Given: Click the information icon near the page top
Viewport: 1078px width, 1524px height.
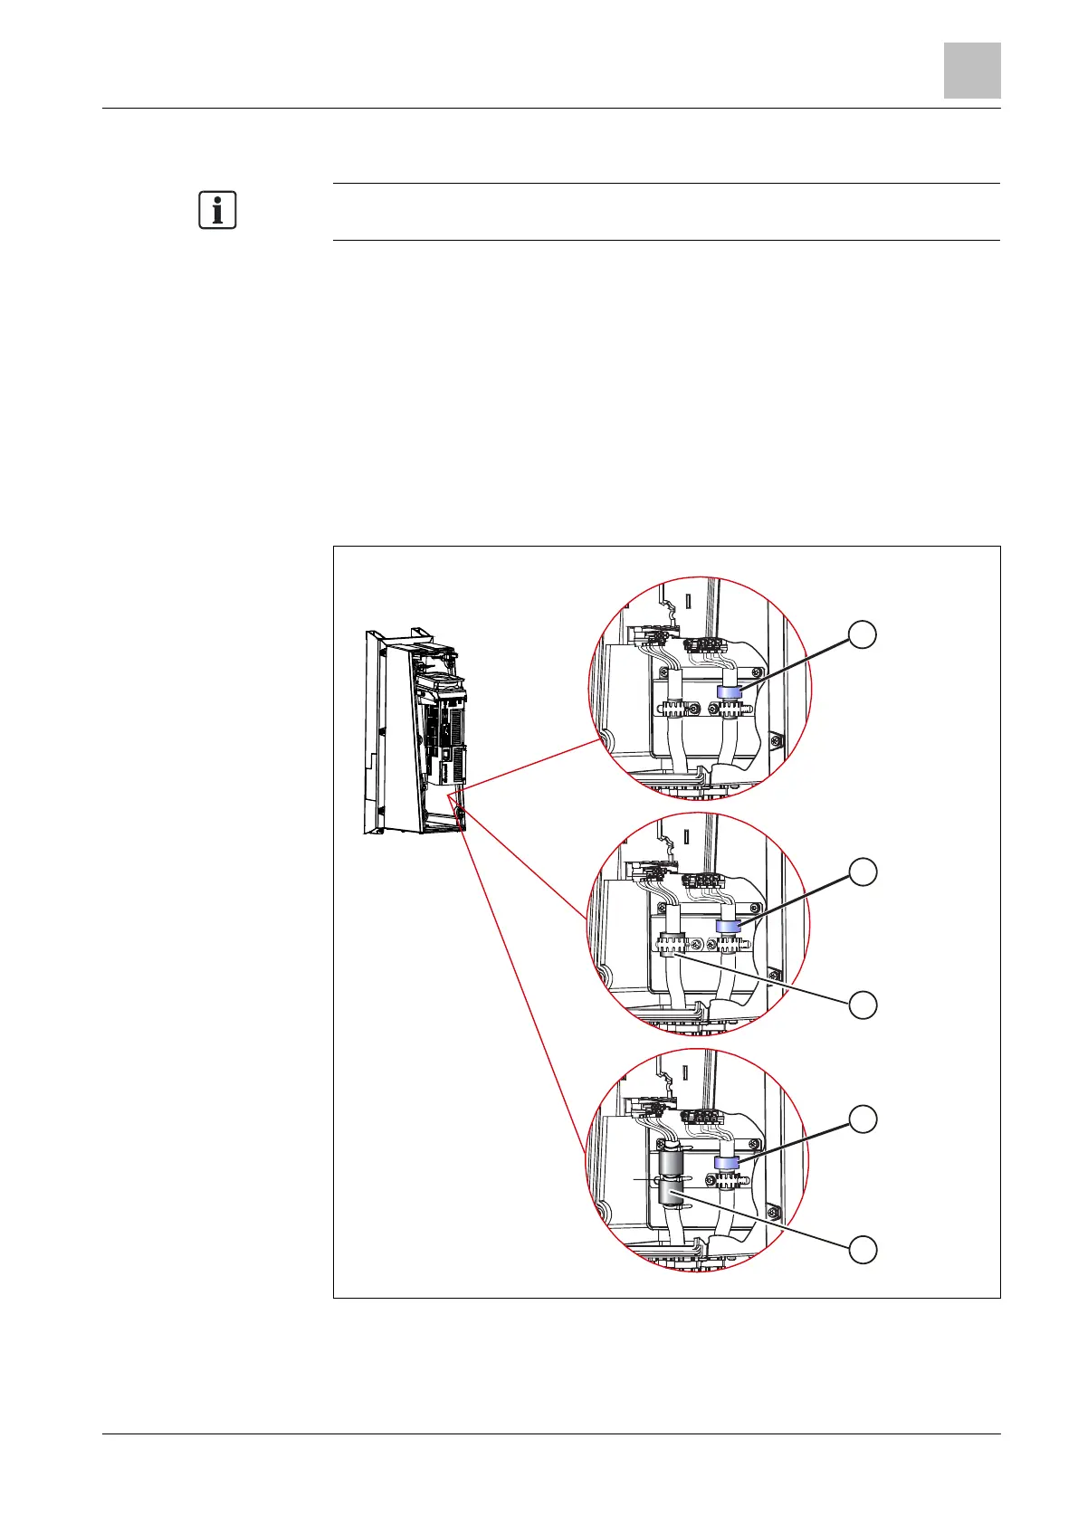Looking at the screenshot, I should [x=217, y=210].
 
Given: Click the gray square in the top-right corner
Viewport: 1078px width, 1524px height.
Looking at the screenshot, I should [x=972, y=70].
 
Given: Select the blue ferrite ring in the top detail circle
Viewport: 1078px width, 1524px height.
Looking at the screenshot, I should [x=729, y=691].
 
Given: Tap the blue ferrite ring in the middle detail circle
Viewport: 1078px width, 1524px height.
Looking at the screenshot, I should [x=729, y=926].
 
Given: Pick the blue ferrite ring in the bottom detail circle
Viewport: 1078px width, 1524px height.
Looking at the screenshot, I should [x=727, y=1162].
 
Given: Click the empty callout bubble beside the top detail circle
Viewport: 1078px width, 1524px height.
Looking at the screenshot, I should [x=863, y=634].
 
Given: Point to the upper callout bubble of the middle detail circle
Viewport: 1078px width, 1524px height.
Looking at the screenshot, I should [x=863, y=872].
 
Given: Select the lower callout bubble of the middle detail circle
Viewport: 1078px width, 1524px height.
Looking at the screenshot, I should [x=863, y=1005].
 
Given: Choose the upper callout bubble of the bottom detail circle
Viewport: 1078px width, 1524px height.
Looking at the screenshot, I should [x=863, y=1119].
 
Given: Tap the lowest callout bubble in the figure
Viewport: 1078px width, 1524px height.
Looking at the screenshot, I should [x=863, y=1250].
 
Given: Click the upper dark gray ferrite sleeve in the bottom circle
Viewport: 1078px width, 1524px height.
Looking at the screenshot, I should [x=670, y=1159].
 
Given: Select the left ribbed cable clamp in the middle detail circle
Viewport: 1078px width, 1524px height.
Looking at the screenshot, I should [x=671, y=945].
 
